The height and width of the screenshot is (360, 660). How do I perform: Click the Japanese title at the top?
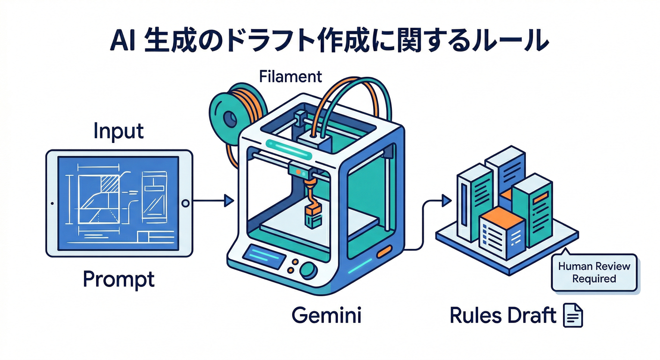coord(329,41)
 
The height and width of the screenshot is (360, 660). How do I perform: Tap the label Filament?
coord(291,76)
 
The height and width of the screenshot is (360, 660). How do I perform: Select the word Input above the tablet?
coord(118,132)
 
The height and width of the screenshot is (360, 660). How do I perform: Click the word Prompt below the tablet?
coord(119,279)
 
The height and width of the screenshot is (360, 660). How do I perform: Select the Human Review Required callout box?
coord(594,273)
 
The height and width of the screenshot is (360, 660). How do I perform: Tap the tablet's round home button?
coord(185,203)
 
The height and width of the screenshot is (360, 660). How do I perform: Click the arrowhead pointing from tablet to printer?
coord(229,201)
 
